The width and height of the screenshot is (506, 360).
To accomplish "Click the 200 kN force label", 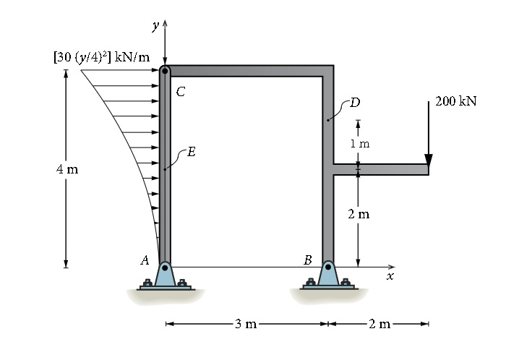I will pos(456,101).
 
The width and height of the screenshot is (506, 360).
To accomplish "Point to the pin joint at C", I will pos(165,71).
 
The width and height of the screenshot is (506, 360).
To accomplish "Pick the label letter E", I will pos(191,151).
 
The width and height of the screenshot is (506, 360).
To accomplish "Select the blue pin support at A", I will pos(165,275).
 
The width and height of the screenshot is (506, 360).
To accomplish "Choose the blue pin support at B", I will pos(328,275).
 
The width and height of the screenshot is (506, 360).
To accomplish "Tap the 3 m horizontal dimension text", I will pos(246,325).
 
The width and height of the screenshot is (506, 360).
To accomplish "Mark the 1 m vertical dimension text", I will pos(359,143).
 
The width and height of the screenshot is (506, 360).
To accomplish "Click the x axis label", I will pos(390,276).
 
